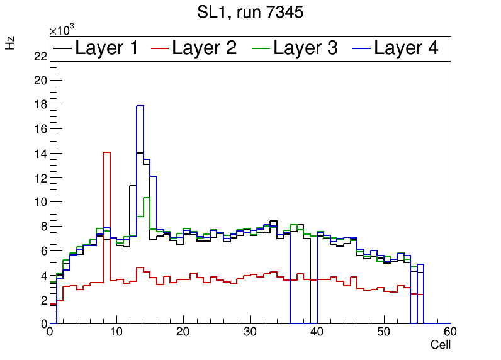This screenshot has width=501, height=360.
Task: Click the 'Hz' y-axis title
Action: point(11,43)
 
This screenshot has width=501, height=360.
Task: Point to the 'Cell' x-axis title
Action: point(441,345)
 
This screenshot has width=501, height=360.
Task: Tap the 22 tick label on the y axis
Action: point(40,57)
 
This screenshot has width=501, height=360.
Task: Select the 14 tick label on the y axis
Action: point(40,154)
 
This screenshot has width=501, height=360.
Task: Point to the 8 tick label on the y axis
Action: point(43,227)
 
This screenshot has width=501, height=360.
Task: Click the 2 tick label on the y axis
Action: point(43,300)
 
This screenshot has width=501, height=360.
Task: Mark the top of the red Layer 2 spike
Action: point(106,152)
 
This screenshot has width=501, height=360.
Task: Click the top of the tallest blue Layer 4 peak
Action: point(140,106)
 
